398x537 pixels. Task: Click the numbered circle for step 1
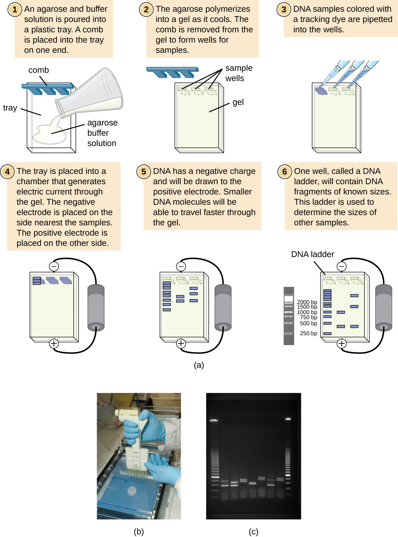coord(14,9)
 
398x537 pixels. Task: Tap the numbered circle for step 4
coord(7,171)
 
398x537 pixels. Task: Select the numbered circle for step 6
coord(284,172)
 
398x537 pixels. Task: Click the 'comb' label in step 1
coord(38,70)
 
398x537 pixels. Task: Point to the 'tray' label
coord(10,108)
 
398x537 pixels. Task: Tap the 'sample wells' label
coord(239,73)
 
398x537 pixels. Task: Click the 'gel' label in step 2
coord(238,102)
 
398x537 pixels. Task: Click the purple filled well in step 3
coord(321,91)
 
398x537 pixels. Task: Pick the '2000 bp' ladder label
coord(307,302)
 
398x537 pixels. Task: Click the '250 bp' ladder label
coord(308,333)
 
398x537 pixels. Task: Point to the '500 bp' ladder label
coord(308,323)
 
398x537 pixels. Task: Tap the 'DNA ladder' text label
coord(312,254)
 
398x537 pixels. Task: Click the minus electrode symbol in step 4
coord(54,266)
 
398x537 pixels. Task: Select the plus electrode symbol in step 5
coord(181,343)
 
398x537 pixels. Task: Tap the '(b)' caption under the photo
coord(139,531)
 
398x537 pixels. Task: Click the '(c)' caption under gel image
coord(253,531)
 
